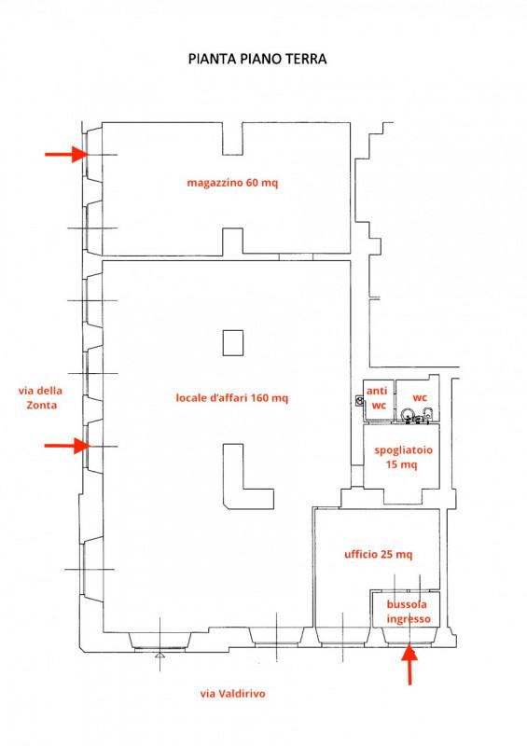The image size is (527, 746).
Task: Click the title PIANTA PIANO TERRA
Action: point(257,59)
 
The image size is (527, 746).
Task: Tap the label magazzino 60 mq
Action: point(232,183)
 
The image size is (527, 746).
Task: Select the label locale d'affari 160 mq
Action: point(232,398)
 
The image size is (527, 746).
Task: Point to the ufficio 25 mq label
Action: point(378,554)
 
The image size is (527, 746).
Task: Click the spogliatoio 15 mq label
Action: point(403,457)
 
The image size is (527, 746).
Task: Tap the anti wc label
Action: point(378,398)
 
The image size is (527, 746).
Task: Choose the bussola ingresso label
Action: point(409,612)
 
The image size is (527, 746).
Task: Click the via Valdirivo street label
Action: point(233,694)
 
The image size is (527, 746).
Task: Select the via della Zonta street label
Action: point(40,398)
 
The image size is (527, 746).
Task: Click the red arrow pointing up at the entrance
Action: point(409,665)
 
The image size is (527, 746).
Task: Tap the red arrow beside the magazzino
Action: point(66,154)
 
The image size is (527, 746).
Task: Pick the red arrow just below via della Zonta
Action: point(66,446)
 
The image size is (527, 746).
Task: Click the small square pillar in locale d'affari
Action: point(233,343)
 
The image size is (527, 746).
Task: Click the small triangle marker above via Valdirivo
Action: point(159,656)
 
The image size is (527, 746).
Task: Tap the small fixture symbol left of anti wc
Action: point(359,401)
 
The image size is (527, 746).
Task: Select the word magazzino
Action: point(215,183)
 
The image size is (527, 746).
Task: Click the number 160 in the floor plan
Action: point(260,397)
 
